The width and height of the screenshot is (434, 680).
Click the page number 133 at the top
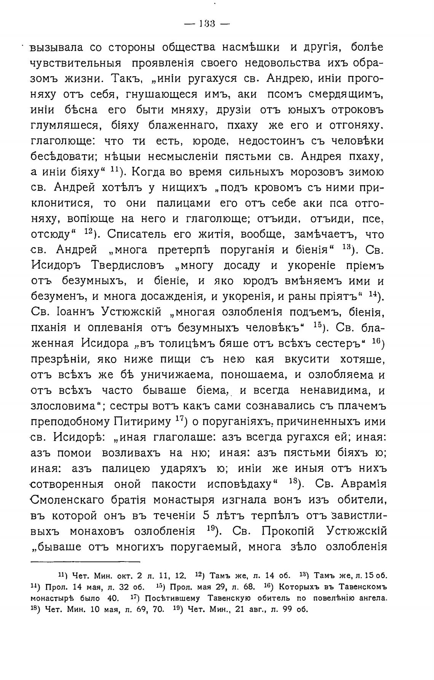pos(207,24)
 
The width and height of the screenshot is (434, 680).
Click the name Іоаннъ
pos(71,312)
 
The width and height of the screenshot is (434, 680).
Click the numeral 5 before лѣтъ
pos(206,515)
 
